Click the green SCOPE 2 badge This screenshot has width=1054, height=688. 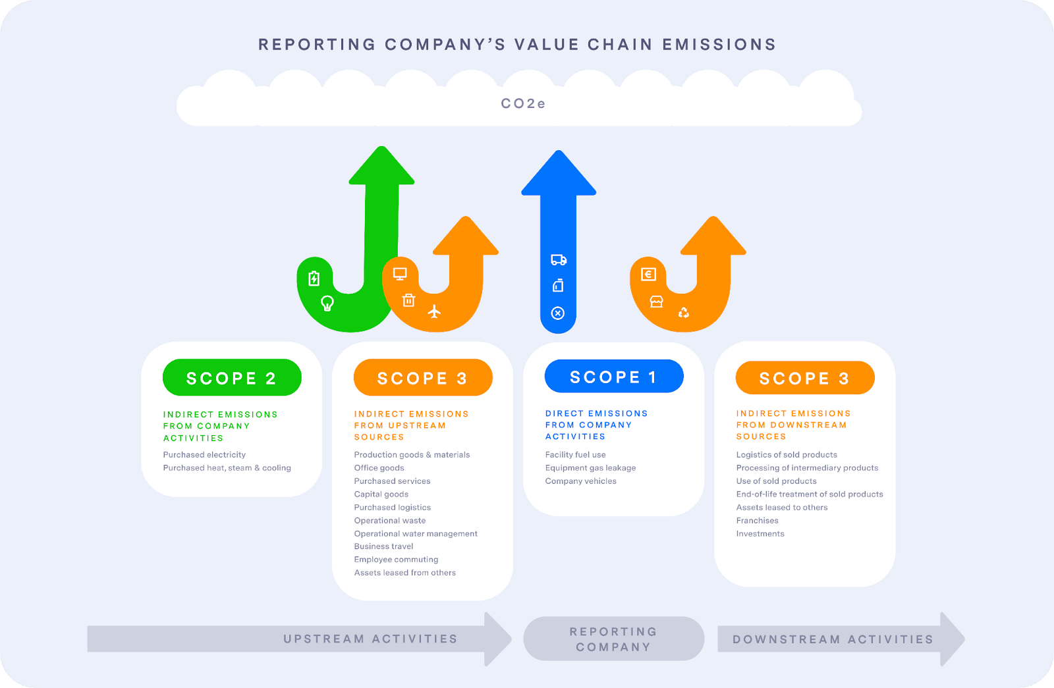pyautogui.click(x=232, y=377)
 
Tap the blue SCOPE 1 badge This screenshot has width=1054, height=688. pyautogui.click(x=614, y=376)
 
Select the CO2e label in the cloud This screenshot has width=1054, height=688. pyautogui.click(x=523, y=103)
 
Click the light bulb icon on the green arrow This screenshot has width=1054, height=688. pyautogui.click(x=327, y=304)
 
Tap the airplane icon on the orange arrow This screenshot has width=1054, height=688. pyautogui.click(x=434, y=311)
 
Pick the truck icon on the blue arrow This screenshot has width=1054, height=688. pyautogui.click(x=559, y=259)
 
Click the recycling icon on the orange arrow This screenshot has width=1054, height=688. pyautogui.click(x=684, y=312)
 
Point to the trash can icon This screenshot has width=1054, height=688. pyautogui.click(x=408, y=300)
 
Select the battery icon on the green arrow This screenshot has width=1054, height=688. pyautogui.click(x=314, y=278)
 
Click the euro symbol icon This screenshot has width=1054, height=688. pyautogui.click(x=648, y=274)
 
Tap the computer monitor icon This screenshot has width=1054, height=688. pyautogui.click(x=400, y=274)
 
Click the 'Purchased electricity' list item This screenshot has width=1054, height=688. pyautogui.click(x=204, y=455)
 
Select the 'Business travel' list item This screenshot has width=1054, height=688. pyautogui.click(x=383, y=546)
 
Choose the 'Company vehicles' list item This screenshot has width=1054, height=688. pyautogui.click(x=580, y=481)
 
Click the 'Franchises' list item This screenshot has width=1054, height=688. pyautogui.click(x=757, y=521)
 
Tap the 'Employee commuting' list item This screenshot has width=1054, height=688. pyautogui.click(x=396, y=560)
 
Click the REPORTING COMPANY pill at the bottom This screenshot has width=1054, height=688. pyautogui.click(x=613, y=639)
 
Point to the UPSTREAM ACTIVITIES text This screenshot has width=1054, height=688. pyautogui.click(x=370, y=639)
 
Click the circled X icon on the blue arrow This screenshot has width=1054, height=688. pyautogui.click(x=557, y=313)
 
